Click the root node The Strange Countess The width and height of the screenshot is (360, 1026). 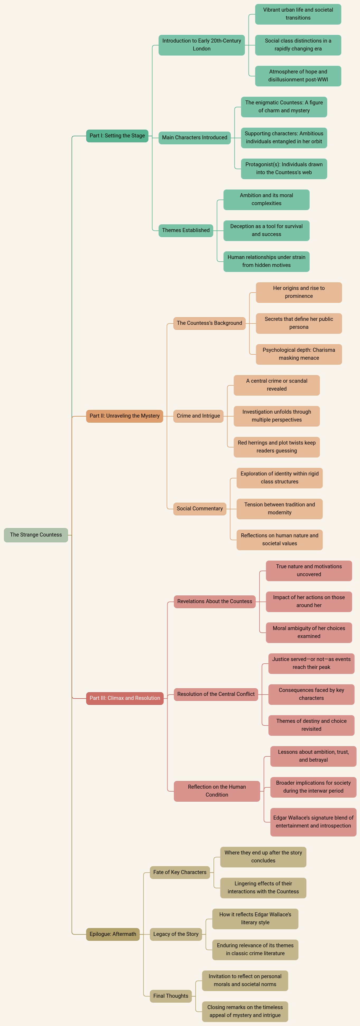coord(36,535)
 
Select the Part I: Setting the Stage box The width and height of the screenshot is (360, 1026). coord(117,136)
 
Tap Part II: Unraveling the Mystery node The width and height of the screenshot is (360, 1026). coord(125,416)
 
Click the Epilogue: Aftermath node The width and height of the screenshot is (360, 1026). coord(113,934)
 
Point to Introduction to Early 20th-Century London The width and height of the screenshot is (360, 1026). coord(202,45)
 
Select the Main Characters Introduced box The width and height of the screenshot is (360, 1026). coord(195,137)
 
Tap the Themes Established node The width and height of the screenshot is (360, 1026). coord(186,230)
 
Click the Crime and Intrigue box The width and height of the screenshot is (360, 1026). coord(198,416)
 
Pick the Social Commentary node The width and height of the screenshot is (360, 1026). coord(199,509)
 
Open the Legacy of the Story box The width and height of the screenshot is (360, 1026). coord(176,934)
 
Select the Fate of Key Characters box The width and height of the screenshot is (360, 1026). coord(180,872)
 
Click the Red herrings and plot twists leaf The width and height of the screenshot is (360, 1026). coord(276,447)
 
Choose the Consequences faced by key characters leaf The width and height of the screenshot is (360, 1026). coord(311,694)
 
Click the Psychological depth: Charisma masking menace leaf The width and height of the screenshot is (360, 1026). coord(299,354)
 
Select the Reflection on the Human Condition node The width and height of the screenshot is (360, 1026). coord(217,791)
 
